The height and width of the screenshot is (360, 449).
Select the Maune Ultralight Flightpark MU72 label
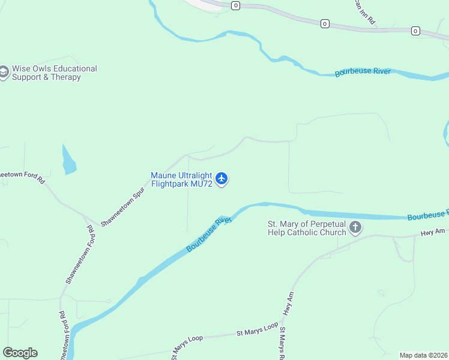tap(182, 179)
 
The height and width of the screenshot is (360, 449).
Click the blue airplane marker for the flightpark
tap(222, 178)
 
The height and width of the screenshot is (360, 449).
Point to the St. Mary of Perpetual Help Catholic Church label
tap(307, 228)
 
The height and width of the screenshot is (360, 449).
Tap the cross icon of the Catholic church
tap(355, 227)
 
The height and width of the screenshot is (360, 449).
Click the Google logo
tap(20, 353)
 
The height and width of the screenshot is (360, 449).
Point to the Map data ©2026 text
tap(423, 355)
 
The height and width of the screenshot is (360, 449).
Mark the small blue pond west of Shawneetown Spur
tap(68, 160)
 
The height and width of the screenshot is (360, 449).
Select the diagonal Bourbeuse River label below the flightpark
tap(208, 234)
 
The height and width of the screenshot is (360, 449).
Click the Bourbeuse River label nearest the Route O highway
tap(363, 72)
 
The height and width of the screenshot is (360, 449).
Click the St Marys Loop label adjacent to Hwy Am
tap(258, 329)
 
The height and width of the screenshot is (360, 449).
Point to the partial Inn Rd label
tap(364, 12)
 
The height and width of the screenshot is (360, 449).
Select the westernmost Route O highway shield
tap(235, 5)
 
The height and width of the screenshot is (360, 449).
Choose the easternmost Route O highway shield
tap(415, 30)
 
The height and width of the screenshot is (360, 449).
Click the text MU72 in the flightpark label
tap(201, 184)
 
